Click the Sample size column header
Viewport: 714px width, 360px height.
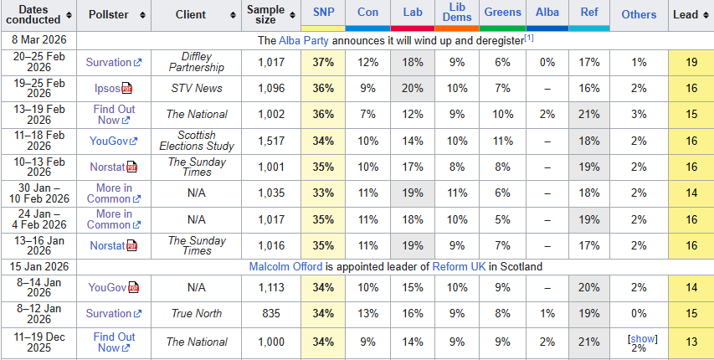[266, 14]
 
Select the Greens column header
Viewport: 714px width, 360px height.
[502, 13]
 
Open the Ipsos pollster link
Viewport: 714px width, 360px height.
[107, 88]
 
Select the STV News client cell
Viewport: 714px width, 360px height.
[197, 88]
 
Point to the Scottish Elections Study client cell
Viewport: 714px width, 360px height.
[197, 141]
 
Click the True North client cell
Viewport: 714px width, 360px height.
[197, 313]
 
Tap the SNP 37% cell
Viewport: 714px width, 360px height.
[322, 62]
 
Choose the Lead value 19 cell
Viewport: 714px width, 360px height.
[691, 62]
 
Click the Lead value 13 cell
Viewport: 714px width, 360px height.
[691, 342]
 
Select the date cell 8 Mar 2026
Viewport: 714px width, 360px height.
[39, 40]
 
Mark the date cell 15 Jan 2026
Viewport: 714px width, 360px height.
[39, 266]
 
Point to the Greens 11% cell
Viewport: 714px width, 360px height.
[502, 141]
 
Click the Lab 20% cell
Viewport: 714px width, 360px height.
[412, 88]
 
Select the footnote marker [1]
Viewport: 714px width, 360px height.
[528, 39]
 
